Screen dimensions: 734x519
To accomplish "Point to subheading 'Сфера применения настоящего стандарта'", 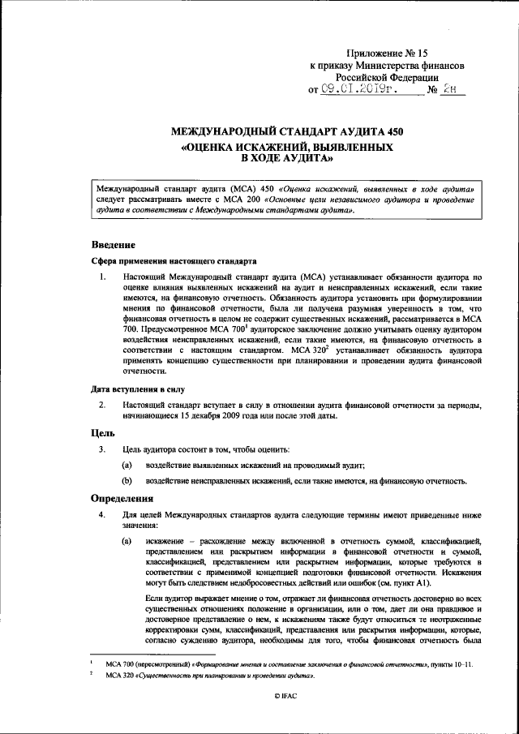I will click(x=174, y=262).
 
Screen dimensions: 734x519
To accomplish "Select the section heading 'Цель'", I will click(x=102, y=432).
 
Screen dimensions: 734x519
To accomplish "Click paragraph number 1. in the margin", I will click(x=102, y=277).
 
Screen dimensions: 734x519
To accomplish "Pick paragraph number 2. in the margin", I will click(x=102, y=404).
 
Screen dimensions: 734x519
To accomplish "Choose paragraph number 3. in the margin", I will click(x=102, y=449).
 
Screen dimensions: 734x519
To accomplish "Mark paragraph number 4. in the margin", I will click(x=102, y=515).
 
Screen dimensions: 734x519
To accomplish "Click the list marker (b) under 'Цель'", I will click(x=127, y=481).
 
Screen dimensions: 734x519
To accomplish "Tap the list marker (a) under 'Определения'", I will click(x=127, y=540).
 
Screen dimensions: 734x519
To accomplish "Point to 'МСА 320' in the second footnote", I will click(x=109, y=675).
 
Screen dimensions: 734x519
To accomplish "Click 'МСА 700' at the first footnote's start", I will click(x=109, y=664).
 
